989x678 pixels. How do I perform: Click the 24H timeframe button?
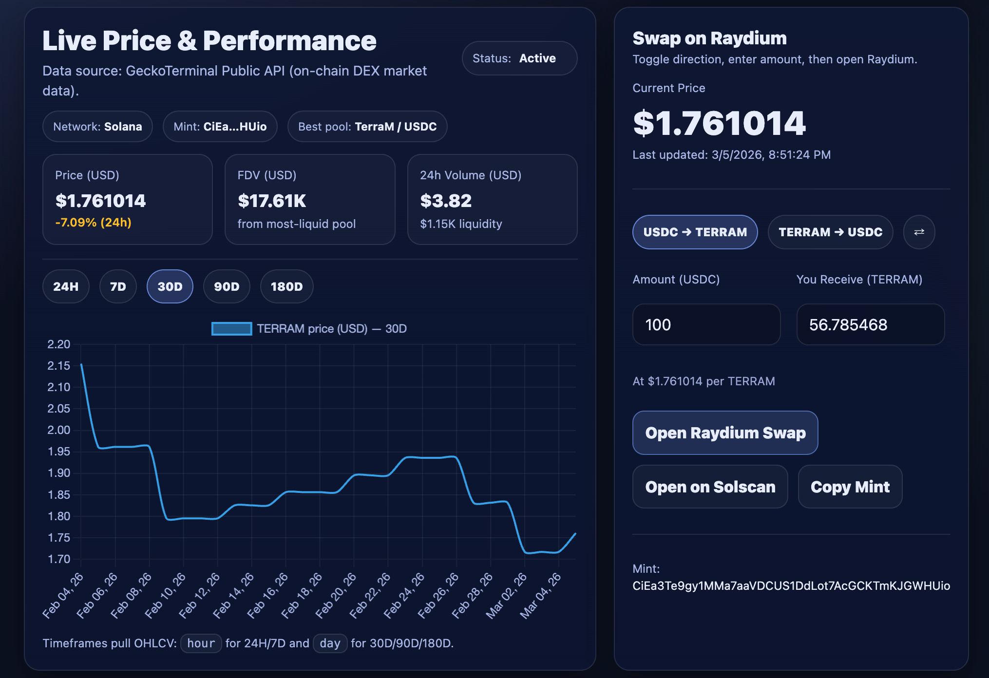tap(66, 286)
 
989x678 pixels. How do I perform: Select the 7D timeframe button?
tap(118, 286)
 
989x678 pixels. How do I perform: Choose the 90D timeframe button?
tap(227, 286)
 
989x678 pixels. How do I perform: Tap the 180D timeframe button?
tap(286, 286)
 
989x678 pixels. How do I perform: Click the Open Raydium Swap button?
tap(725, 433)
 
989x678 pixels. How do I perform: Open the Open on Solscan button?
tap(710, 487)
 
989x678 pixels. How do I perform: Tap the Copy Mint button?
tap(850, 487)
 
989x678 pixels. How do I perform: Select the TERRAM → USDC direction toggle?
tap(830, 232)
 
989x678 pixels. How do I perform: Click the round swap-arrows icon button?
tap(919, 232)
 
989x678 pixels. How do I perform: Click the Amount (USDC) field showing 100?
tap(706, 324)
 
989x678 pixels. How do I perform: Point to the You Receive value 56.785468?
tap(848, 324)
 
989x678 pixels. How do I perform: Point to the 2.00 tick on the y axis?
tap(59, 430)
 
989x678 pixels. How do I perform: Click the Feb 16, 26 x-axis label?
tap(267, 596)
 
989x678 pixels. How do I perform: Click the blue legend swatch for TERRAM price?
tap(231, 329)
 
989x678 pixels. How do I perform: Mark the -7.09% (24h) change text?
tap(93, 223)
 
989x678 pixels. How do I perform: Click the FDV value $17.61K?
tap(272, 201)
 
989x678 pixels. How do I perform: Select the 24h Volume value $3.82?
tap(446, 201)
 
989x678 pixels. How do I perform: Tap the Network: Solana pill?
tap(97, 127)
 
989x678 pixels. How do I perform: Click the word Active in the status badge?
tap(537, 58)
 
